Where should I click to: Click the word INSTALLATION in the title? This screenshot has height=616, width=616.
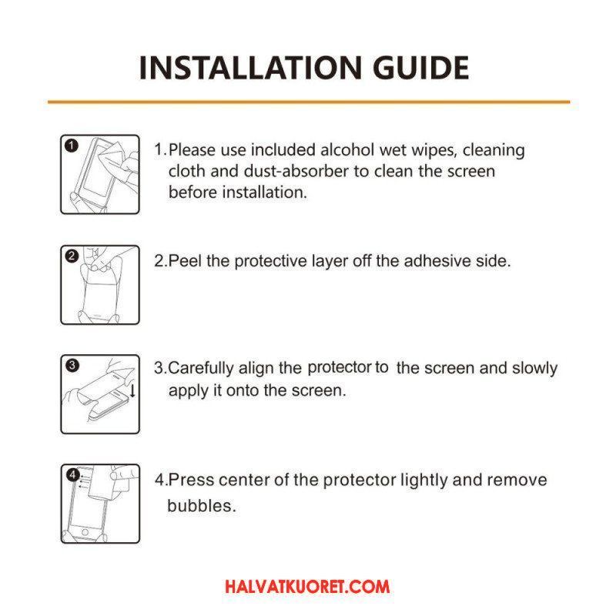pos(250,68)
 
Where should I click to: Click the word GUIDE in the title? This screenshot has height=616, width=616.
pos(420,68)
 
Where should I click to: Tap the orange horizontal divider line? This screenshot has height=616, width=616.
pos(309,102)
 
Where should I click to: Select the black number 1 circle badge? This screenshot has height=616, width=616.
pos(71,146)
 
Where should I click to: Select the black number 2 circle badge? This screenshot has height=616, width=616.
pos(72,256)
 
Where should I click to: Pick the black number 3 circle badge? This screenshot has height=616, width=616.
pos(72,365)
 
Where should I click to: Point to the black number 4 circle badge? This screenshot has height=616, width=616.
pos(72,475)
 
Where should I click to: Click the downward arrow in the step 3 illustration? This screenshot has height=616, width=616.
pos(132,390)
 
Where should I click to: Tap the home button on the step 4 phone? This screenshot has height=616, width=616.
pos(85,533)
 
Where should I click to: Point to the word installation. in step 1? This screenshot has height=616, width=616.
pos(264,192)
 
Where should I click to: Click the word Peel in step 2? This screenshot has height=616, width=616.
pos(186,261)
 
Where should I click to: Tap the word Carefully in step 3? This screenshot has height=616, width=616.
pos(201,368)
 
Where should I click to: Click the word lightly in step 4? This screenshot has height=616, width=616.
pos(423,480)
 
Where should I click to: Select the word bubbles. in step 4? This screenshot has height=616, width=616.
pos(202,506)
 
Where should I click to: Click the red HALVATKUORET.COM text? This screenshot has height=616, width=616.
pos(307,587)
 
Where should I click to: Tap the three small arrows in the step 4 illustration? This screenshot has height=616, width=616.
pos(84,482)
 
